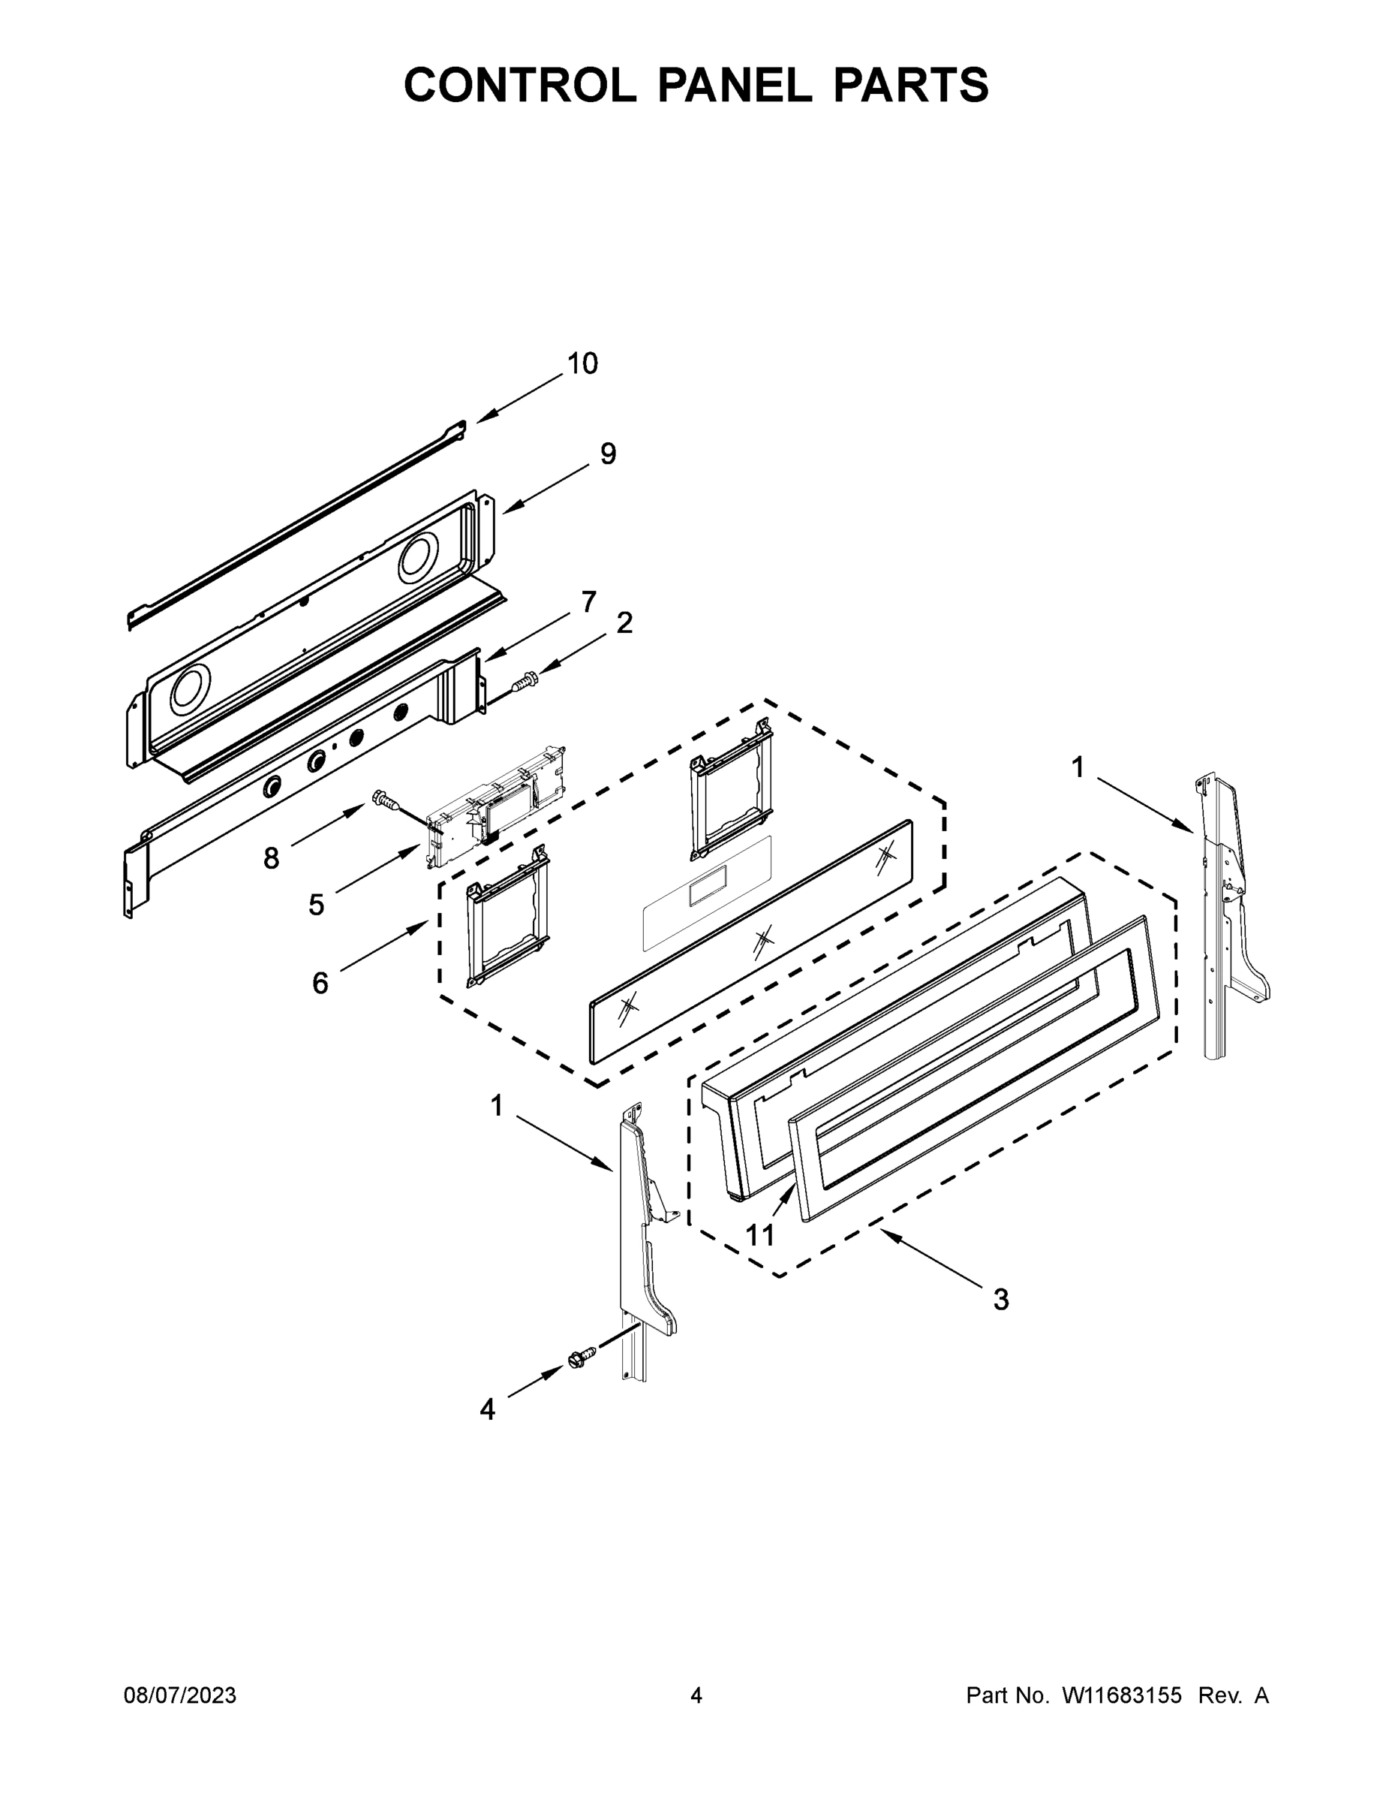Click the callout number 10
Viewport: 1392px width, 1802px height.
583,364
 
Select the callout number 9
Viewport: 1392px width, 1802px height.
608,454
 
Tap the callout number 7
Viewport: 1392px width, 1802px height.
588,602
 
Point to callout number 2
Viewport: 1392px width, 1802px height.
624,623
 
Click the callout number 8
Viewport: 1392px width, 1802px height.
272,859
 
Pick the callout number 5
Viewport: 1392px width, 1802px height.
317,905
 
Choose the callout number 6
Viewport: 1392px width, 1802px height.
320,983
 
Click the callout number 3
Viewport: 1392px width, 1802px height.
1000,1300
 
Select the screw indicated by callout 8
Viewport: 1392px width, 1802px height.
384,799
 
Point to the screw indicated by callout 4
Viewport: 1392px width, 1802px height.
582,1358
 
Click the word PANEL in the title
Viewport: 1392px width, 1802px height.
734,85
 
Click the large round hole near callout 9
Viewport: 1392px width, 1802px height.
424,557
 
